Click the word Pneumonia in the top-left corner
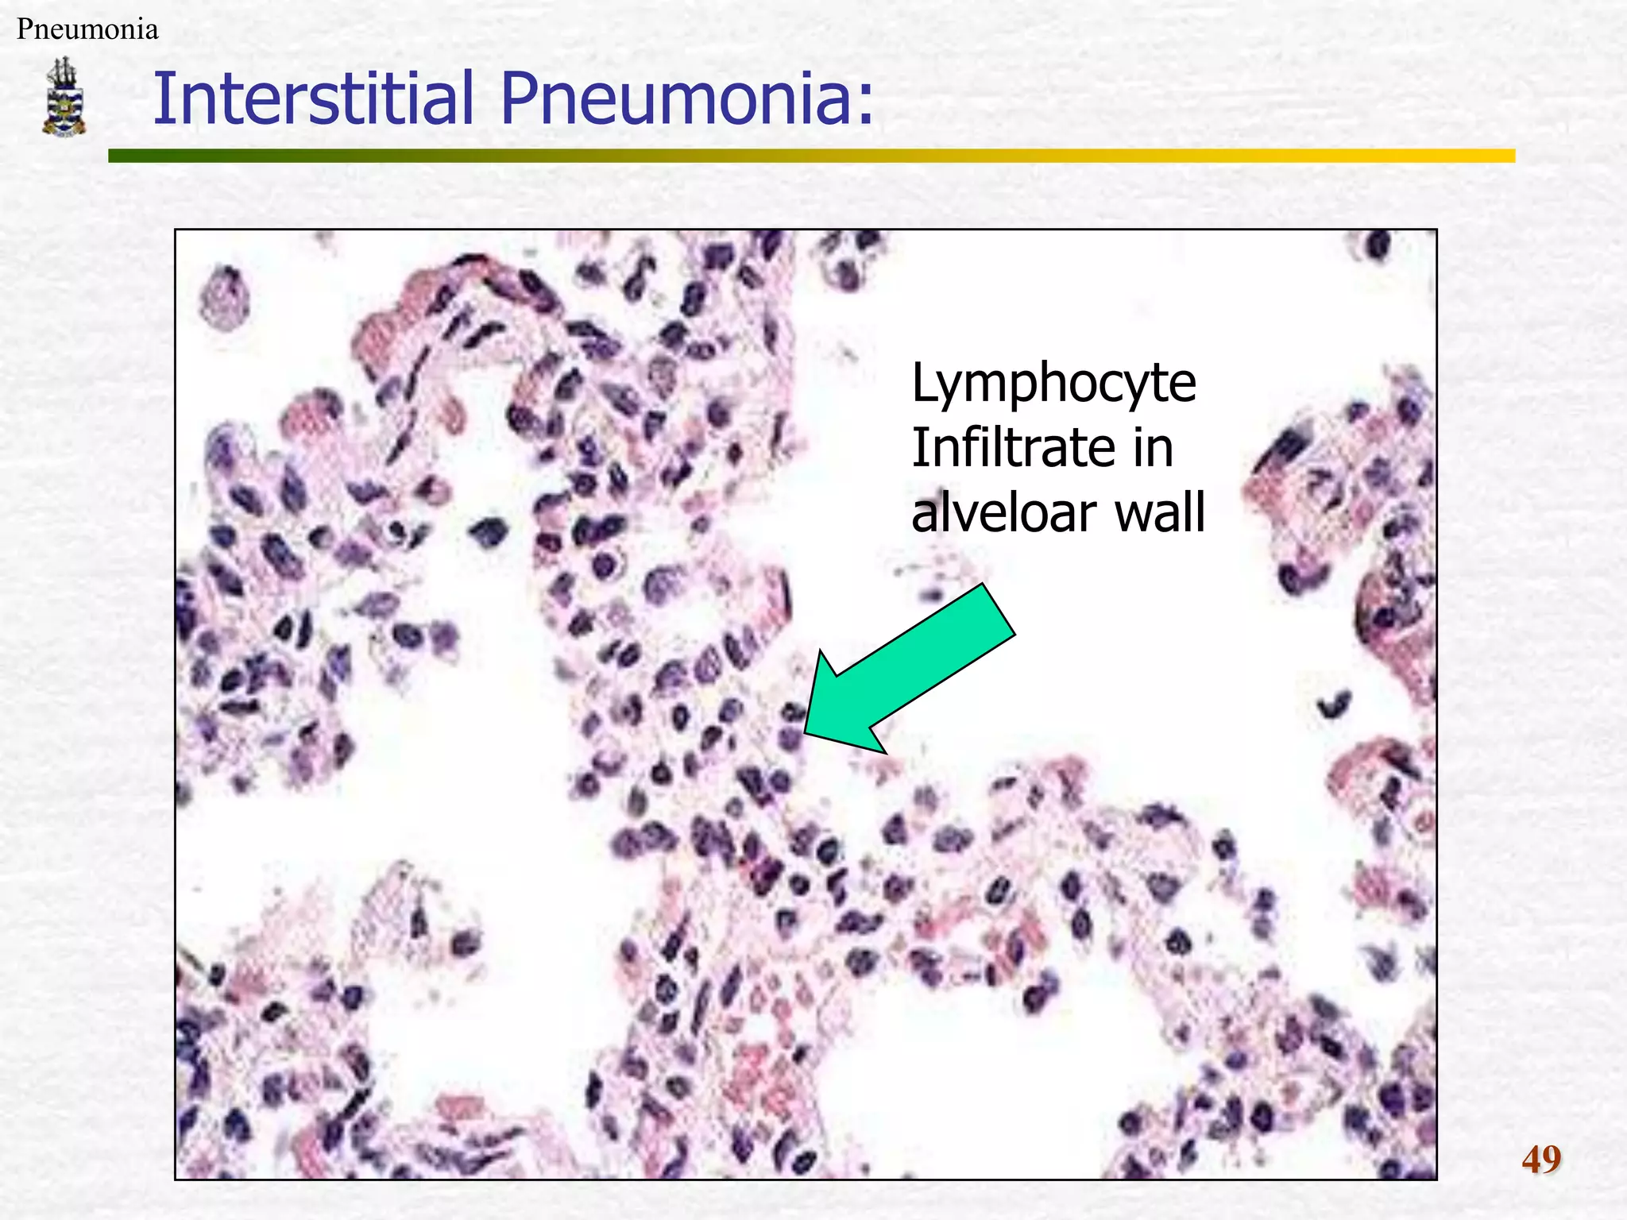[87, 29]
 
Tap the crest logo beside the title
[64, 96]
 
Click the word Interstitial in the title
[314, 98]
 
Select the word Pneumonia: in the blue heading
[686, 98]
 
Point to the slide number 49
[1540, 1160]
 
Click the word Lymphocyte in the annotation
[1053, 384]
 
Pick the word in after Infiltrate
[1153, 448]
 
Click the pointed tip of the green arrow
[806, 732]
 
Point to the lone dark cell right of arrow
[1335, 704]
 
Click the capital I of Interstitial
[161, 98]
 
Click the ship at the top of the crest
[63, 73]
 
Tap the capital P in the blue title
[520, 98]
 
